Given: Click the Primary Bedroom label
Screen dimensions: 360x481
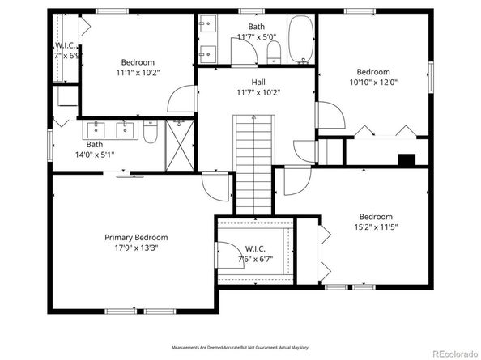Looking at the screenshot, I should pos(136,237).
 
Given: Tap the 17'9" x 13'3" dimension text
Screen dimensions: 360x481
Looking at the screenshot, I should pos(136,249).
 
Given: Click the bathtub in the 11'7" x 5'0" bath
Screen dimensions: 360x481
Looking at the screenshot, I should pos(300,40).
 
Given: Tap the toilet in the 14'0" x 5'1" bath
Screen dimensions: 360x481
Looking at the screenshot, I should pos(151,133).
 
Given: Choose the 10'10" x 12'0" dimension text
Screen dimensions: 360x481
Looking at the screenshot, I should pos(373,83).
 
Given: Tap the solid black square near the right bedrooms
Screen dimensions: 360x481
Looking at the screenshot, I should pos(407,159).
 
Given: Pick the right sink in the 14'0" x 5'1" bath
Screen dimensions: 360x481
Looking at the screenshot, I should pos(126,128).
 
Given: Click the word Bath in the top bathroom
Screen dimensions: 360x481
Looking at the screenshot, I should pos(256,27).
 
